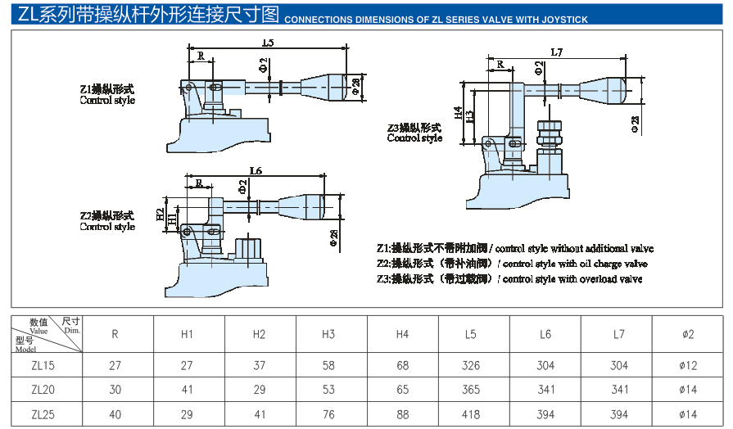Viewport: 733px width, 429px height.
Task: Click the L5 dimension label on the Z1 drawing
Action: [x=268, y=42]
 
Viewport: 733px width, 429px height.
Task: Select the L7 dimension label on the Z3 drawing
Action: [x=557, y=52]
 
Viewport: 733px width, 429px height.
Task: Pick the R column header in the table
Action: [x=115, y=334]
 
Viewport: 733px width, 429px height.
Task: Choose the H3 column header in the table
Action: [x=328, y=334]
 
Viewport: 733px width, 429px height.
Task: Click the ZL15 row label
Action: [x=43, y=366]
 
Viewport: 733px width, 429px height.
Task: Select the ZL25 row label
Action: [x=43, y=414]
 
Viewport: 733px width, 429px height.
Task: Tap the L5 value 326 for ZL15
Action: [x=471, y=366]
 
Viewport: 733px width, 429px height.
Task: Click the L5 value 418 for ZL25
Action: [x=471, y=414]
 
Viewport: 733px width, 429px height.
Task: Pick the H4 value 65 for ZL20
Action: [x=401, y=391]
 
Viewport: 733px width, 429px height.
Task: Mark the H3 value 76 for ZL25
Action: [x=328, y=414]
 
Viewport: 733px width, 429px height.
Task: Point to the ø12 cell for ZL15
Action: [x=688, y=366]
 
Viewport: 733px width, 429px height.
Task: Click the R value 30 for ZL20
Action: [x=115, y=391]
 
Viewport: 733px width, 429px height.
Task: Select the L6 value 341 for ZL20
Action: [x=545, y=391]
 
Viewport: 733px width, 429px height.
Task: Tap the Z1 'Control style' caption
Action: [x=107, y=101]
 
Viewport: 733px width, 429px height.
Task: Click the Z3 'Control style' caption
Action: [x=414, y=138]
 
